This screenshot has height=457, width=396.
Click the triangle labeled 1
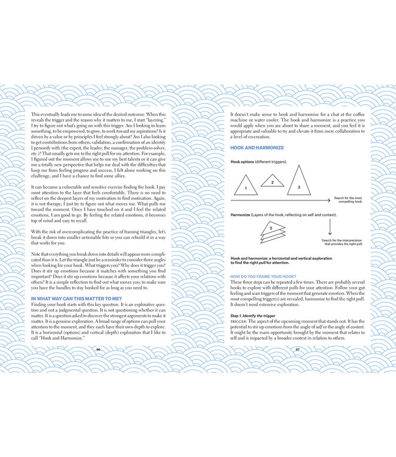point(245,186)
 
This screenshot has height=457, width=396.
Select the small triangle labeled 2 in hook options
point(272,181)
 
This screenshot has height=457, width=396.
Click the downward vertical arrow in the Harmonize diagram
point(329,227)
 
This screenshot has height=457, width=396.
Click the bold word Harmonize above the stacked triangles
point(243,215)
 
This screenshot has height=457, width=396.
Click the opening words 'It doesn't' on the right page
point(240,115)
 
